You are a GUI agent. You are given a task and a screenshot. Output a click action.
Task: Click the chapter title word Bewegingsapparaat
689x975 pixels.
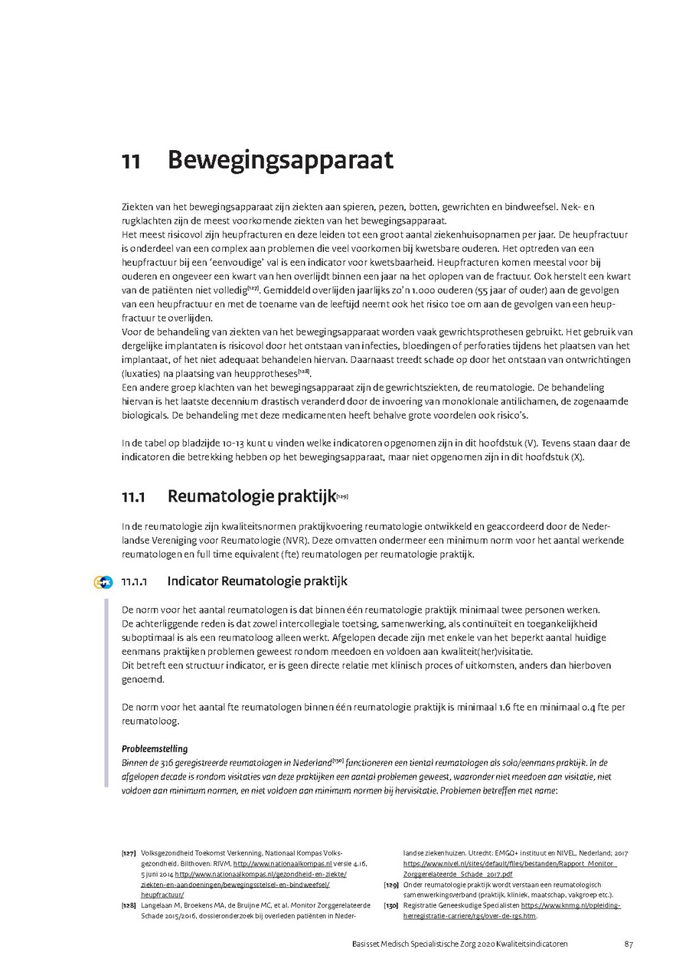point(280,162)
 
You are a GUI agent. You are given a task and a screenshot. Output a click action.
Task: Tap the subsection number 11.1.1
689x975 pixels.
point(136,581)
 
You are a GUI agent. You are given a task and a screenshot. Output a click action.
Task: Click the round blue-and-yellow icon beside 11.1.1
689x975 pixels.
point(103,581)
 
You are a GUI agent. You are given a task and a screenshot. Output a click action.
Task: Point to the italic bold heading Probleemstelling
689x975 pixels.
point(155,748)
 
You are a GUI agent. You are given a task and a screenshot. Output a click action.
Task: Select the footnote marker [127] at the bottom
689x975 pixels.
point(129,852)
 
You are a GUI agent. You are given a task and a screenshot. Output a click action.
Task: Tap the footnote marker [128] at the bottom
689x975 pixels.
point(129,905)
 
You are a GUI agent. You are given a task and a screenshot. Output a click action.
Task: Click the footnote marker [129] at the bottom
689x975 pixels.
point(390,884)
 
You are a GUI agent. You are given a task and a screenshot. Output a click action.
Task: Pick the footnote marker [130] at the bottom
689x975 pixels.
point(390,905)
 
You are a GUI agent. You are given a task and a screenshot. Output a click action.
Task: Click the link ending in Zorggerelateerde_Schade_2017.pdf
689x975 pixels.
point(458,873)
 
